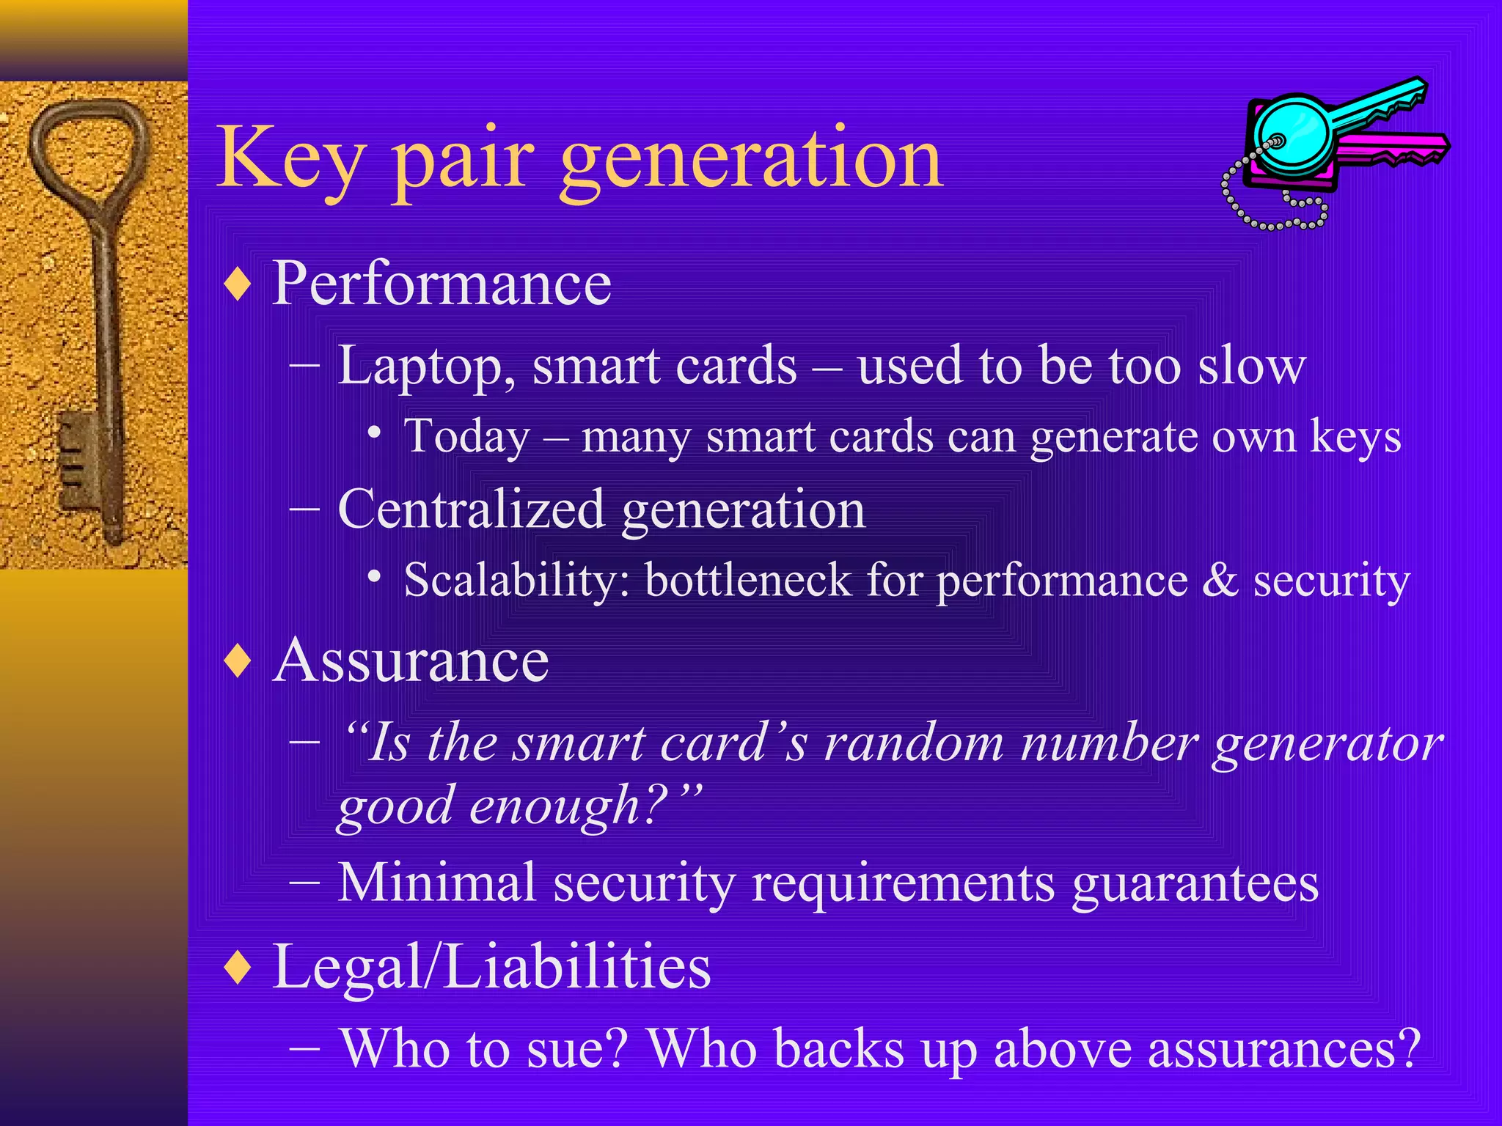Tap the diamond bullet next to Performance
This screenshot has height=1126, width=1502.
(x=238, y=284)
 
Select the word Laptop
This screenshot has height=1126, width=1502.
(x=425, y=367)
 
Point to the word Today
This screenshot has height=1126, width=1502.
(x=467, y=437)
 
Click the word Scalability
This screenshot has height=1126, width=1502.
(x=517, y=580)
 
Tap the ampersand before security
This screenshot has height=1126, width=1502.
(x=1220, y=580)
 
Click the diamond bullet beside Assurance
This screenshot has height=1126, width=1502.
(x=238, y=660)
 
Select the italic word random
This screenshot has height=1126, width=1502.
(x=914, y=743)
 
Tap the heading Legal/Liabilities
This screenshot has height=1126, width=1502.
(x=491, y=966)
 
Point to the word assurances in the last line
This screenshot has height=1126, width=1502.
(x=1283, y=1048)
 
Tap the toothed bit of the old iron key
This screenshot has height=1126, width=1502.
(x=77, y=458)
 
